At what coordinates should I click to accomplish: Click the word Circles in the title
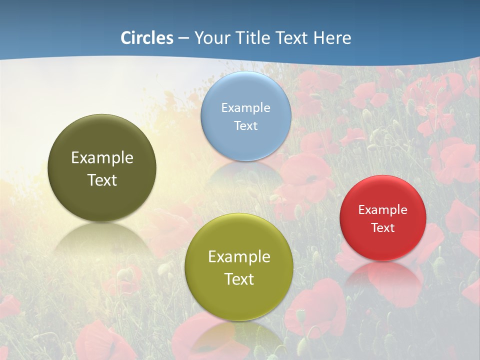[147, 38]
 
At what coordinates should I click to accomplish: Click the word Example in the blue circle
[245, 107]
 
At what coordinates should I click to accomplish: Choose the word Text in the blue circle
[245, 125]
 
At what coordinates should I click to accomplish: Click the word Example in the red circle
[382, 209]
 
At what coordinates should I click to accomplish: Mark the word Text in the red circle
[382, 227]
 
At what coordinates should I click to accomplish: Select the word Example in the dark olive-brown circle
[102, 157]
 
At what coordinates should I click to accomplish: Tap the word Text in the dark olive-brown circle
[102, 180]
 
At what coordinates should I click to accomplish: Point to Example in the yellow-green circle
[239, 256]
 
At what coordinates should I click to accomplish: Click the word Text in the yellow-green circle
[239, 279]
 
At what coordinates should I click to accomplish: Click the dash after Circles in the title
[183, 38]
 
